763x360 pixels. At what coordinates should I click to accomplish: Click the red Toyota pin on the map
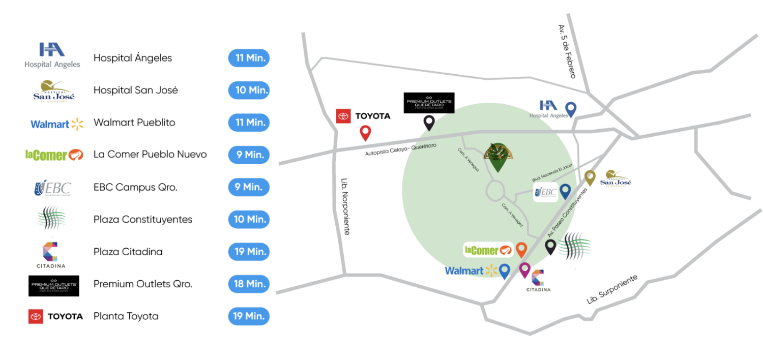pyautogui.click(x=365, y=133)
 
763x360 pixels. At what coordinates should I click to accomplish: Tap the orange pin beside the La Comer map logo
pyautogui.click(x=521, y=249)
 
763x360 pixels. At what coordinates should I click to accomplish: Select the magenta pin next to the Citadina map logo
pyautogui.click(x=524, y=269)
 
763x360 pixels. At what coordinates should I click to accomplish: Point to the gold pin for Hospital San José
pyautogui.click(x=590, y=177)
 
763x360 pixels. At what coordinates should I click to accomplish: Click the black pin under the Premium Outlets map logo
pyautogui.click(x=429, y=122)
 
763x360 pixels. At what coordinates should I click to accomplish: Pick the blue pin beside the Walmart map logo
pyautogui.click(x=505, y=271)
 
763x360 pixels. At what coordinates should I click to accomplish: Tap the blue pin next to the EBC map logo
pyautogui.click(x=565, y=191)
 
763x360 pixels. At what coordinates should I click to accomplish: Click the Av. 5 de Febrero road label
pyautogui.click(x=567, y=51)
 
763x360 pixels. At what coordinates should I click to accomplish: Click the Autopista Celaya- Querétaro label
pyautogui.click(x=401, y=149)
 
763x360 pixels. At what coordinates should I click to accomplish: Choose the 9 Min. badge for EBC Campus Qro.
pyautogui.click(x=248, y=187)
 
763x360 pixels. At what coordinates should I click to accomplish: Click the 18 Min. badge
pyautogui.click(x=249, y=284)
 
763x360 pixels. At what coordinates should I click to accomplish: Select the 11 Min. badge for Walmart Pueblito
pyautogui.click(x=249, y=123)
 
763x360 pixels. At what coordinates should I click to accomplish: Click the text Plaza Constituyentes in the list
pyautogui.click(x=143, y=220)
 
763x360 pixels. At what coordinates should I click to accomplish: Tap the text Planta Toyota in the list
pyautogui.click(x=126, y=316)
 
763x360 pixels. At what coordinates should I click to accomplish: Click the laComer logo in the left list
pyautogui.click(x=54, y=155)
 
